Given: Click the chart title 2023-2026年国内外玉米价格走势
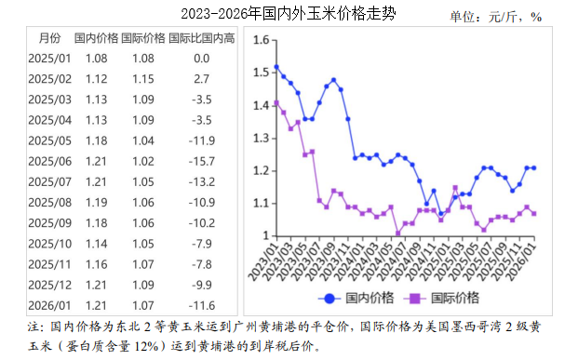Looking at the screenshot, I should pos(287,14).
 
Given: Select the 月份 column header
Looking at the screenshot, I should pos(49,38).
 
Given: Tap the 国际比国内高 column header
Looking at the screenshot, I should pos(201,38).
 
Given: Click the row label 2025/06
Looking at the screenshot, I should pos(49,161).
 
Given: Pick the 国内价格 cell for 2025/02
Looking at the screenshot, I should pos(97,79).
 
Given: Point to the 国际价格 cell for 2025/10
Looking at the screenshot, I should pos(143,243).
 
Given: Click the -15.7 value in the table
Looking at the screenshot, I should pos(201,161).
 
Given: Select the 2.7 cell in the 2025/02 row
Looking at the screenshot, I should pos(201,79).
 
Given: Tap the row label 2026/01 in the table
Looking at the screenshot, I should pos(49,304).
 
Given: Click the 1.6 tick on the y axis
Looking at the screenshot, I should pos(261,40).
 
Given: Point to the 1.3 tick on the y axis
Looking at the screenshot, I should pos(261,138).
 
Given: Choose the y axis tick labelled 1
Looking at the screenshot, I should pos(265,235).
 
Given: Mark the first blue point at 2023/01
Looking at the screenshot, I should pos(276,67).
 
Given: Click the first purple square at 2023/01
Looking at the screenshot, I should pos(276,102).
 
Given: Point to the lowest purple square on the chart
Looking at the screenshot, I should pos(398,233).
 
